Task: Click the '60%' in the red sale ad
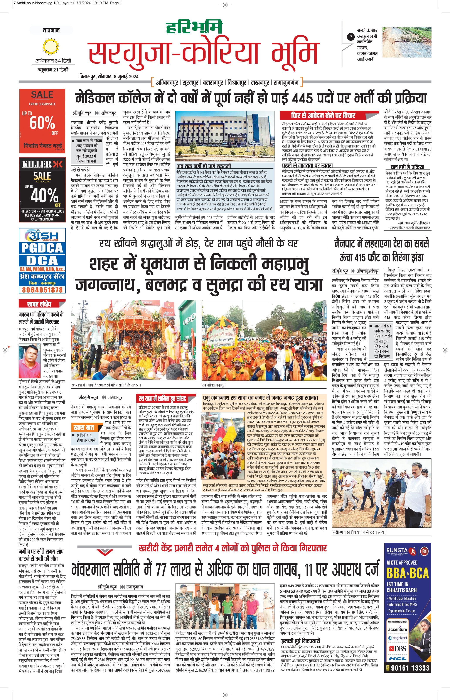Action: coord(42,122)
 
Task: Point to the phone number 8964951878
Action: coord(42,290)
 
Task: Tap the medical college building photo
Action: coord(225,136)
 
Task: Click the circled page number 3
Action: coord(351,37)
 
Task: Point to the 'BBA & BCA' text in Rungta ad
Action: coord(407,573)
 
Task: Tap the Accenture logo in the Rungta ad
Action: coord(397,629)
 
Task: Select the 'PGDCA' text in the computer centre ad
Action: coord(42,248)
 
